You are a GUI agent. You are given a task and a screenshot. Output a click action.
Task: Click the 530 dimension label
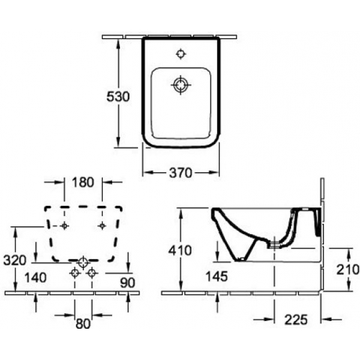pyautogui.click(x=118, y=97)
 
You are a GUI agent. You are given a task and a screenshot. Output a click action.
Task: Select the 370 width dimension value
pyautogui.click(x=181, y=173)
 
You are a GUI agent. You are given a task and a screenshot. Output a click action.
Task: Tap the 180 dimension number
pyautogui.click(x=83, y=182)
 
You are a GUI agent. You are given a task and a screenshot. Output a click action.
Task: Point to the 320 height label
pyautogui.click(x=14, y=260)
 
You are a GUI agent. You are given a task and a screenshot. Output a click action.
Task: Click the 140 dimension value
pyautogui.click(x=35, y=278)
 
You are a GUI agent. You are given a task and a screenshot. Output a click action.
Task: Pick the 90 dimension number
pyautogui.click(x=128, y=283)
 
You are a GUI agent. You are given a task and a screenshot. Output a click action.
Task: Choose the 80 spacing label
pyautogui.click(x=83, y=324)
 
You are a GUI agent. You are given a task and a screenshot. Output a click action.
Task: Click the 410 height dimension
pyautogui.click(x=180, y=250)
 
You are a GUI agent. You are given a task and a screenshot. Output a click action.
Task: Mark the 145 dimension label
pyautogui.click(x=217, y=276)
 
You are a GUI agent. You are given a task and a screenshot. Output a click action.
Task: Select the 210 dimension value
pyautogui.click(x=348, y=269)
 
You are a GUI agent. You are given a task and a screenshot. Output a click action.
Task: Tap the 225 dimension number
pyautogui.click(x=296, y=320)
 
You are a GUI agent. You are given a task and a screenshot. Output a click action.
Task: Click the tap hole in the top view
pyautogui.click(x=181, y=54)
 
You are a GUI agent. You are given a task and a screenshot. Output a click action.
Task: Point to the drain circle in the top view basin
pyautogui.click(x=181, y=85)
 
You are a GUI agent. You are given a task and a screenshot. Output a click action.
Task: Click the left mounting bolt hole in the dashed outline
pyautogui.click(x=64, y=226)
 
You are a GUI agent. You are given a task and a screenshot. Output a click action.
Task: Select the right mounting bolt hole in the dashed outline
pyautogui.click(x=102, y=226)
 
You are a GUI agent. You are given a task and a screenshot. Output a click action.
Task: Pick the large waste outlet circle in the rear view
pyautogui.click(x=83, y=262)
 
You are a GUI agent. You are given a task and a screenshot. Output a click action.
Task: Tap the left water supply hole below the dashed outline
pyautogui.click(x=74, y=273)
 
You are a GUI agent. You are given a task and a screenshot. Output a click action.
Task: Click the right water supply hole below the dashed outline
pyautogui.click(x=92, y=273)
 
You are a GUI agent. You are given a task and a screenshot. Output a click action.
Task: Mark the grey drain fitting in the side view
pyautogui.click(x=274, y=245)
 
